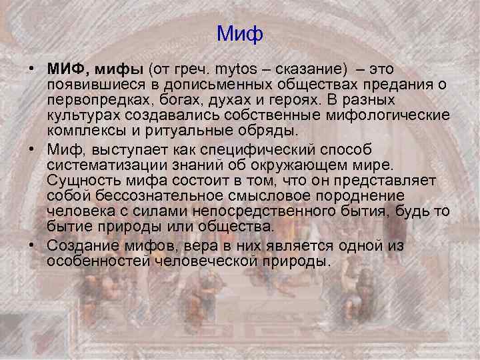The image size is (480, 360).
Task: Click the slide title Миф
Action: pyautogui.click(x=241, y=33)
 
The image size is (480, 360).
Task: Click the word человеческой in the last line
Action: pyautogui.click(x=211, y=261)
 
